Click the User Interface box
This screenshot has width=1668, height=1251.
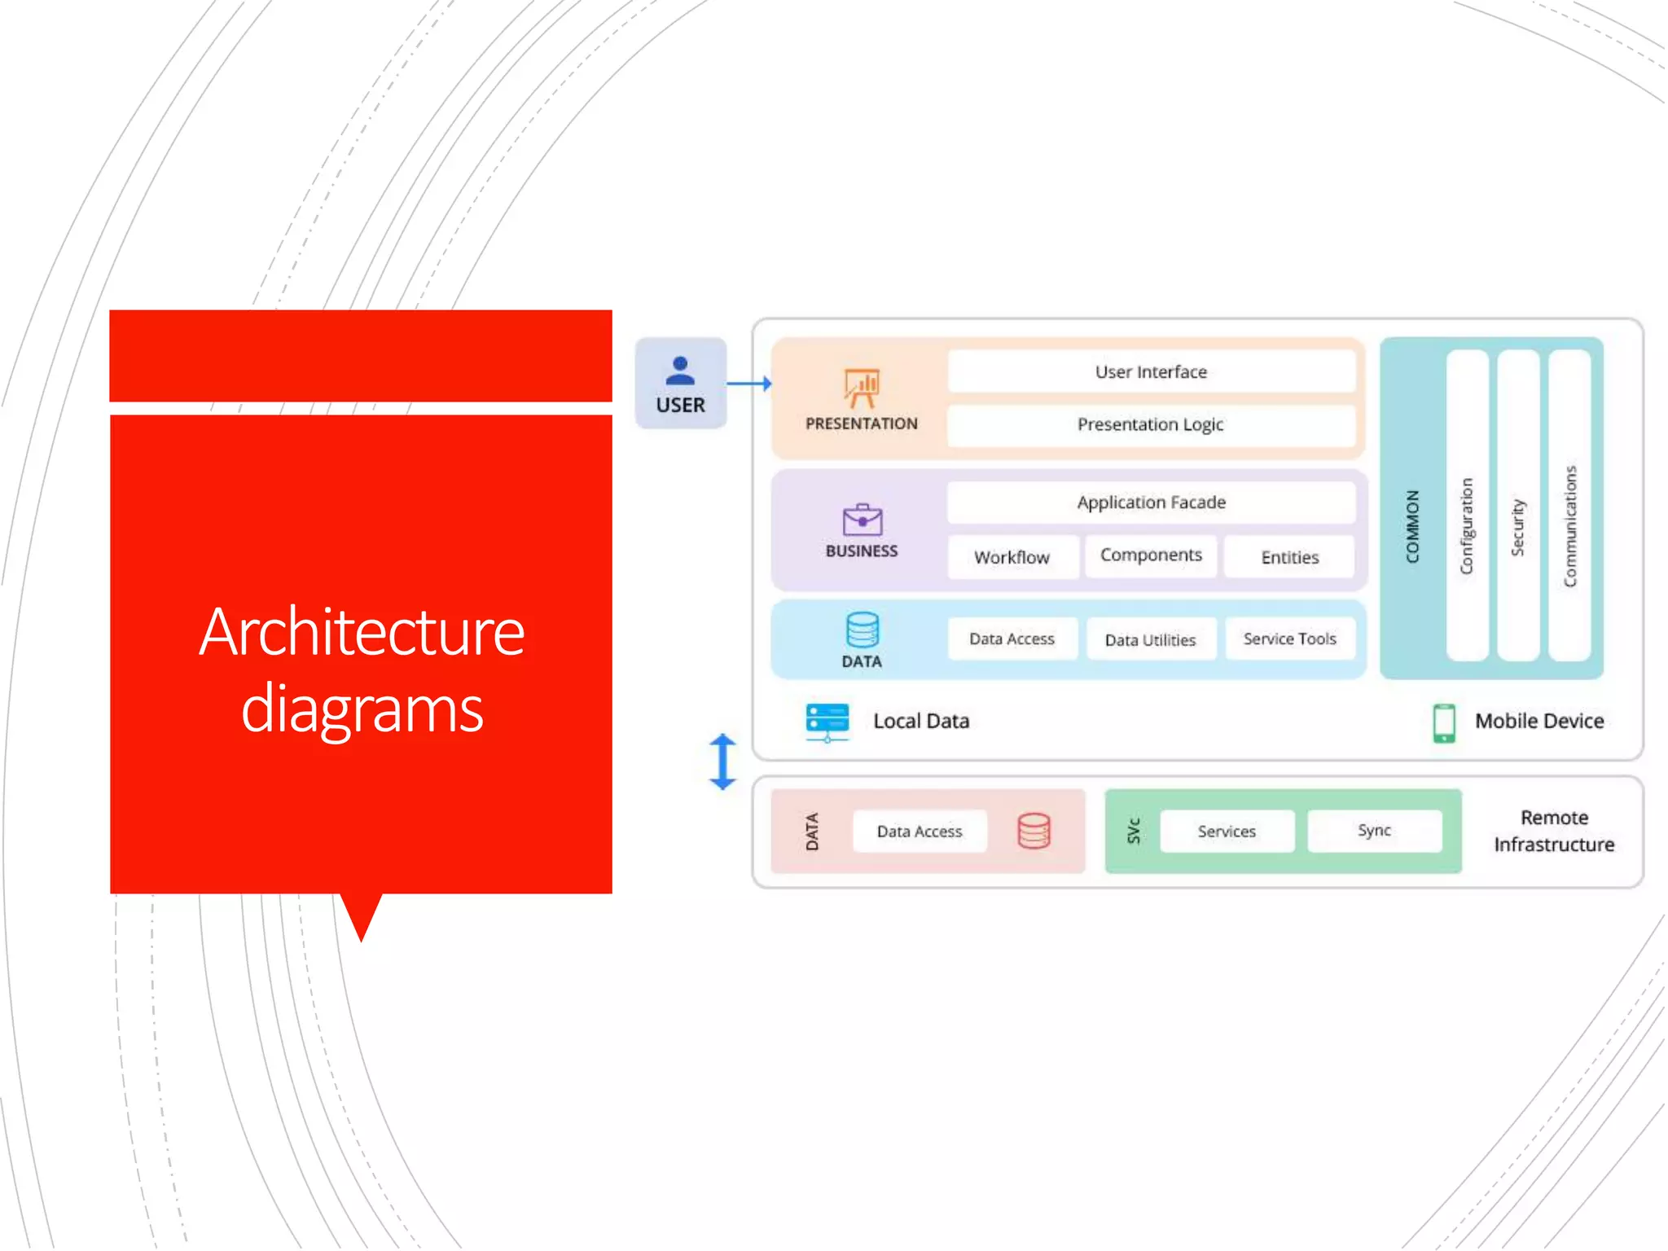(1151, 371)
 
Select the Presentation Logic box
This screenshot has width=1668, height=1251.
(1151, 424)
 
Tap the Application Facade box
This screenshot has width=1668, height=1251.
(1151, 503)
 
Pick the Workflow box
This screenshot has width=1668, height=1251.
(1012, 557)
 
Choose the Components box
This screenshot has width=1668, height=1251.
(1151, 555)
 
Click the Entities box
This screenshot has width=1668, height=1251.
(1289, 557)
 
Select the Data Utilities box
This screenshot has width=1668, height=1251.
(1151, 639)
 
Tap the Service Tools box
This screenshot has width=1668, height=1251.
(1289, 639)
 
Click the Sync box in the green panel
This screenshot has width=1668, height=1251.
(1374, 831)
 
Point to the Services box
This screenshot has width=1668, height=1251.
(1227, 831)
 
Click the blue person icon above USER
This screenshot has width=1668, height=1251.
(680, 371)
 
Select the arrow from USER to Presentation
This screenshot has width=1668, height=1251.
(748, 383)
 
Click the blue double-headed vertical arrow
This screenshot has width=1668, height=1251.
(722, 762)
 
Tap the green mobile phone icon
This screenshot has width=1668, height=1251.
(1444, 722)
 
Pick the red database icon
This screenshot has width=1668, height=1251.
(1034, 831)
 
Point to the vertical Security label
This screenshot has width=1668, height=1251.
(1517, 528)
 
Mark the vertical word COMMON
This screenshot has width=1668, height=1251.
(1412, 526)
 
